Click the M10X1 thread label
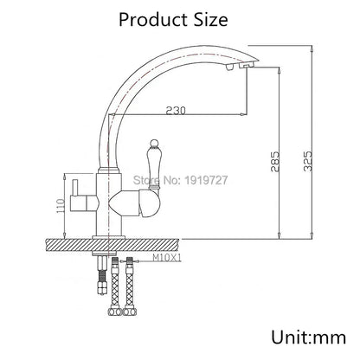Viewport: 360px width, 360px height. tap(165, 258)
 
